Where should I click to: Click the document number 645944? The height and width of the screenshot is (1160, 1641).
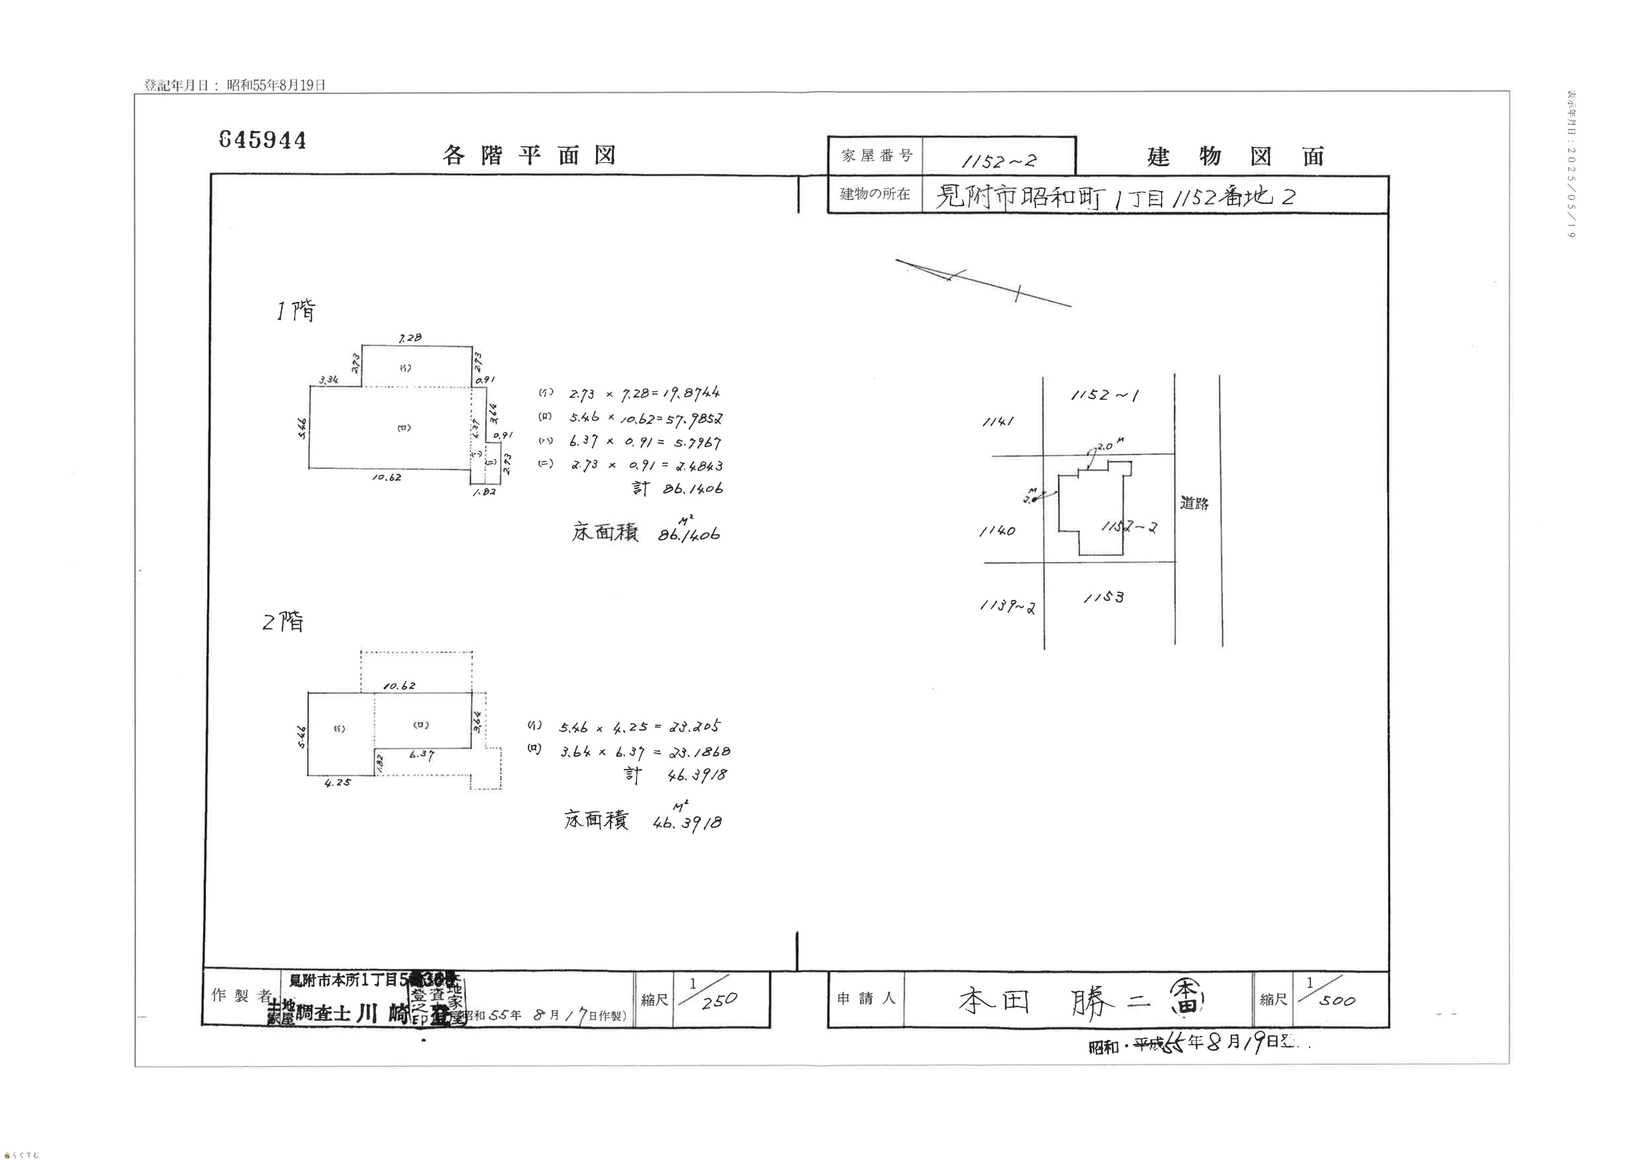(263, 139)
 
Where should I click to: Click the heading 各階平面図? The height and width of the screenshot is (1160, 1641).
(529, 155)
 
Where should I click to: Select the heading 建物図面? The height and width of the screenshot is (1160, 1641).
(1236, 156)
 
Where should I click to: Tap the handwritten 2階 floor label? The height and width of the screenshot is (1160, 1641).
(283, 622)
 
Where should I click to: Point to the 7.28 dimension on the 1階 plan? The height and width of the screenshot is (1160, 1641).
(410, 337)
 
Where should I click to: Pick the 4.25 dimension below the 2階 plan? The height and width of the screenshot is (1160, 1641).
(337, 782)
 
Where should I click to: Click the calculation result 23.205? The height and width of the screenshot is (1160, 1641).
(695, 726)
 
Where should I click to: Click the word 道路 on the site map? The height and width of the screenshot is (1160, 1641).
(1194, 503)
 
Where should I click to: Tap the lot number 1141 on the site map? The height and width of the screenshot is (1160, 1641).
(998, 422)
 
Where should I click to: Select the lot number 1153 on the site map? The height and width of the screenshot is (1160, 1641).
(1104, 597)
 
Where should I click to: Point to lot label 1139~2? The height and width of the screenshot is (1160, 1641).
(1007, 606)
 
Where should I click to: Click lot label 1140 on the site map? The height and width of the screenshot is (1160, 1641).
(997, 531)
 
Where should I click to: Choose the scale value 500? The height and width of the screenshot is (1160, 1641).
(1336, 1001)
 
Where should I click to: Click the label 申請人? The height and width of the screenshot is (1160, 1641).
(865, 998)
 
